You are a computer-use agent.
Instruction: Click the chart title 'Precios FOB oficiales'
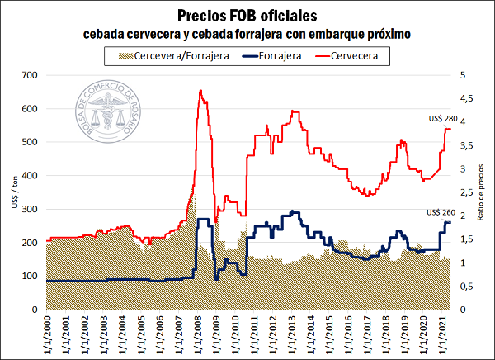[247, 16]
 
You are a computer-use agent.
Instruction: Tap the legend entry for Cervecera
[360, 55]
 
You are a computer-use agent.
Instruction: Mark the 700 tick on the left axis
[30, 75]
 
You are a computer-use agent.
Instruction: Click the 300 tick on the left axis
[30, 209]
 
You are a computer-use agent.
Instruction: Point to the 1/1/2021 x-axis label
[443, 335]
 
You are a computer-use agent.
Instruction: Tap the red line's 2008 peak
[201, 91]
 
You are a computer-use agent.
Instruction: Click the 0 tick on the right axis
[463, 310]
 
